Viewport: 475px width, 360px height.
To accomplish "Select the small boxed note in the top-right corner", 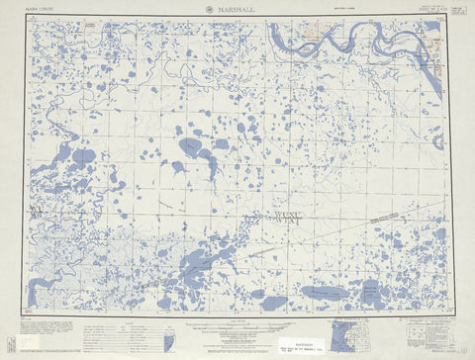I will tap(455, 10).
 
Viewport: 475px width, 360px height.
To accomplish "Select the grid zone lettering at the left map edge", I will tap(37, 211).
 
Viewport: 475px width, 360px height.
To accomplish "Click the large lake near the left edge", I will tap(84, 156).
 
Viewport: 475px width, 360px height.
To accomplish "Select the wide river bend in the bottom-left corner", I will tap(45, 288).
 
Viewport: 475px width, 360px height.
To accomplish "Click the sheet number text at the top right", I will tap(426, 9).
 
